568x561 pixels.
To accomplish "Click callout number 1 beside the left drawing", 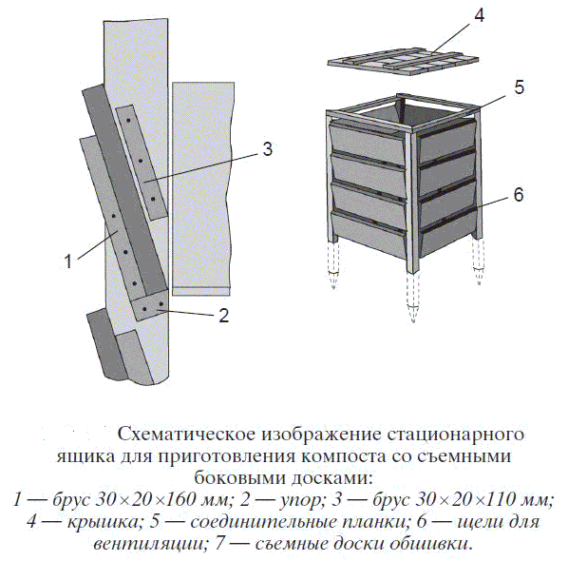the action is (67, 261).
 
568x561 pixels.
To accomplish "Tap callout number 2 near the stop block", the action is (224, 316).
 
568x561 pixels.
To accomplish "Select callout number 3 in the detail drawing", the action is (267, 149).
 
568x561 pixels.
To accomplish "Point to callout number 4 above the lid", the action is (479, 15).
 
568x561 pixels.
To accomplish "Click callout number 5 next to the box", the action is (520, 87).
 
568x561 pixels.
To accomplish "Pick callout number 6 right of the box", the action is (519, 195).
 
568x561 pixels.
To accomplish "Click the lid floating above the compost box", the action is (403, 63).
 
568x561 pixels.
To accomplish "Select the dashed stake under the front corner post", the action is (412, 298).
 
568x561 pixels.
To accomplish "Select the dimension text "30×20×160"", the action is (142, 500).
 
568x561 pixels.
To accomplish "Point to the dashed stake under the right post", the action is (478, 261).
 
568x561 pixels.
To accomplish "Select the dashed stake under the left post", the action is (333, 265).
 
